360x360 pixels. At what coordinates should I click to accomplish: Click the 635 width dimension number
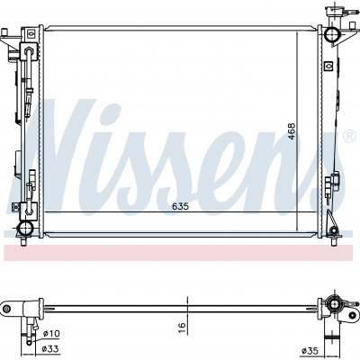180,207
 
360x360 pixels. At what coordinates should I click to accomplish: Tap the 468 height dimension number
292,131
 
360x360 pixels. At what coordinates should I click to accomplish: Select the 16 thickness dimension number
182,325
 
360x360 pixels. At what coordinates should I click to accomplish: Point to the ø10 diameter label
51,333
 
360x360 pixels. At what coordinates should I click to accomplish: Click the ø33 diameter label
50,349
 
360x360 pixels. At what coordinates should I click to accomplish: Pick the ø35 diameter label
310,350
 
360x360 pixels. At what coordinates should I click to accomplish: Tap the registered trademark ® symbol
348,137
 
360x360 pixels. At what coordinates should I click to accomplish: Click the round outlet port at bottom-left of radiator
25,229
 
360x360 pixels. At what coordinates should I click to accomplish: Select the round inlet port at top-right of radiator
332,34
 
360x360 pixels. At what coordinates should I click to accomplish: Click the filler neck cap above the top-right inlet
333,11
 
